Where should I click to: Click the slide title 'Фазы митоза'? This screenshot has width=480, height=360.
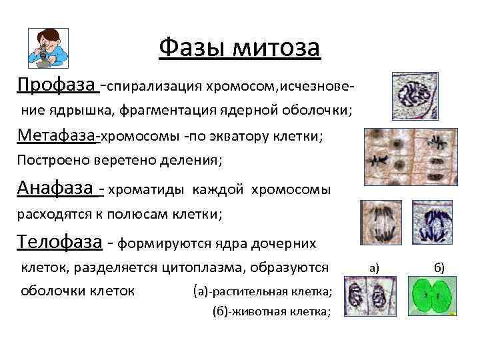click(240, 47)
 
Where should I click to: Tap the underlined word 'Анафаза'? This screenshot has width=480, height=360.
click(57, 189)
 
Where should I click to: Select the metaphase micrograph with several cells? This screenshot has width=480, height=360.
click(407, 157)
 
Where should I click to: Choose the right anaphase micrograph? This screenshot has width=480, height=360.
click(433, 226)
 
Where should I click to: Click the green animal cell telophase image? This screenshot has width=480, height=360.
click(434, 297)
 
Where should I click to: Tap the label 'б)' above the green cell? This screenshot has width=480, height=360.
click(439, 268)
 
